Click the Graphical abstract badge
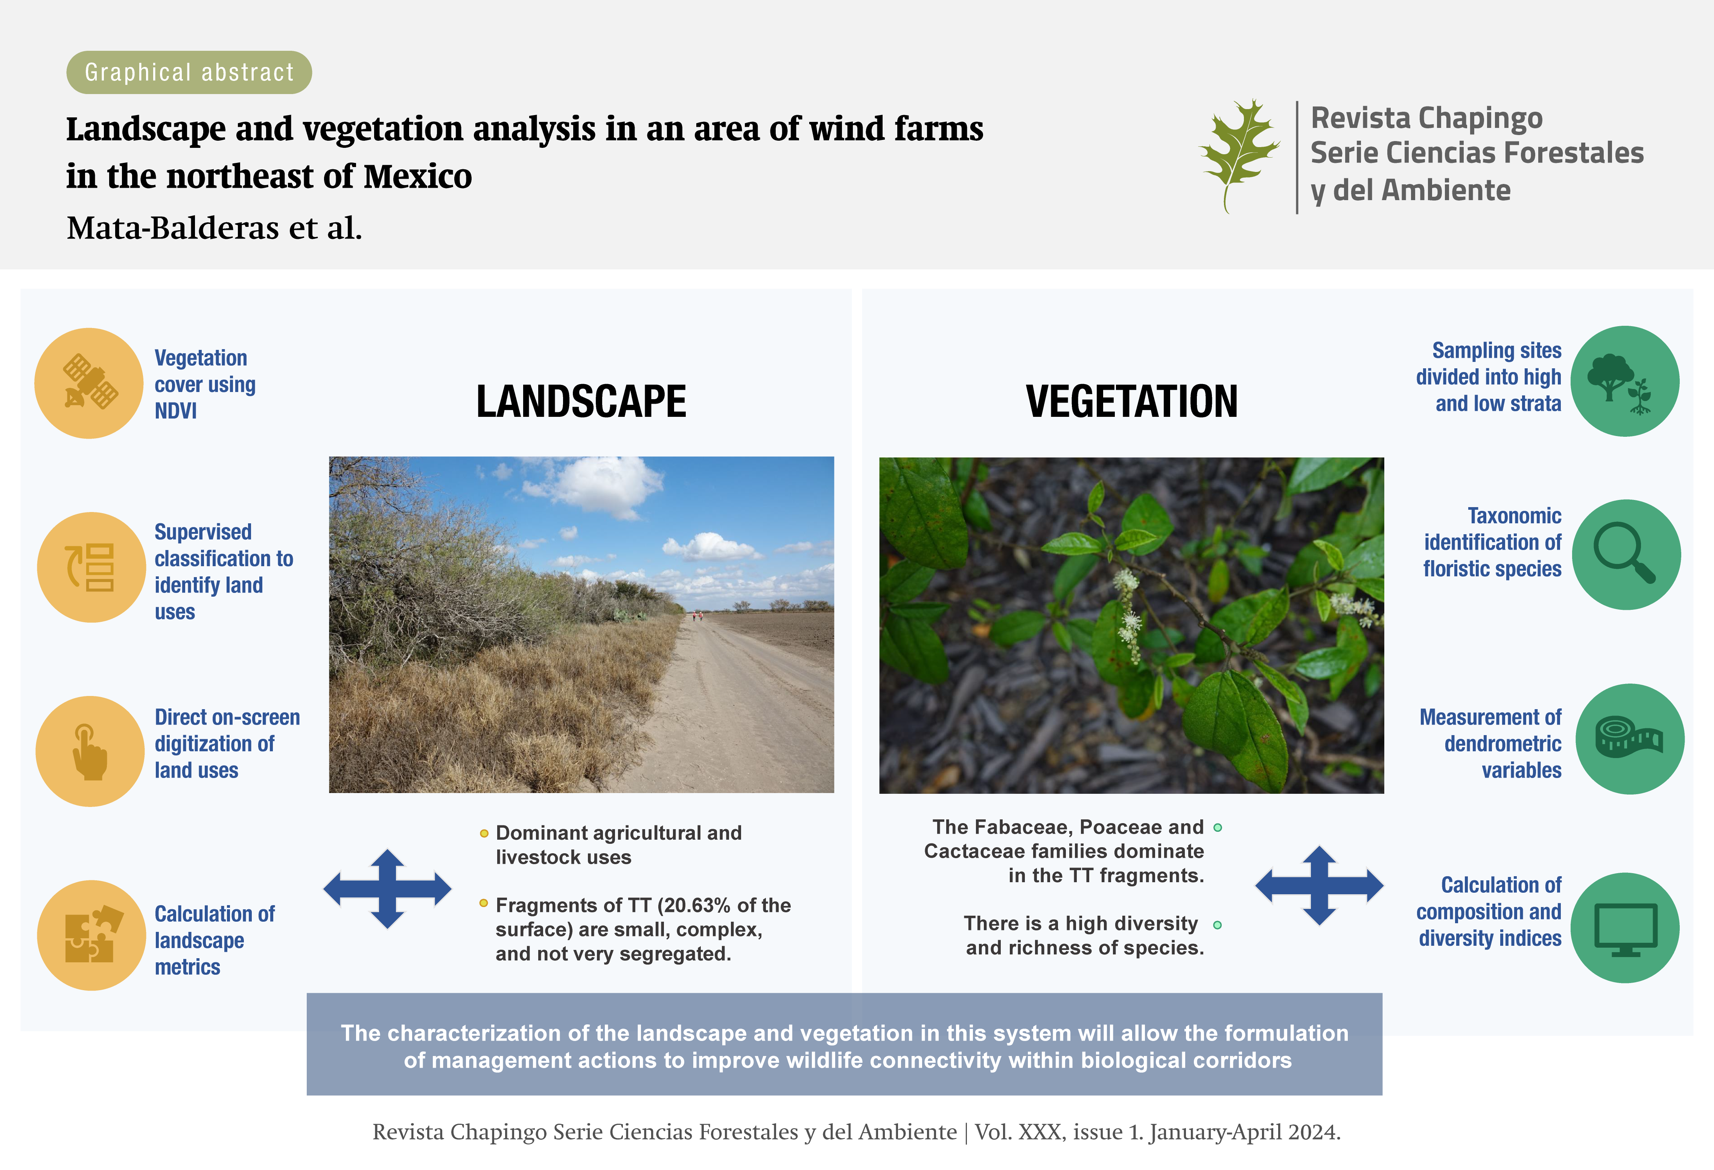tap(189, 72)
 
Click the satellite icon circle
tap(89, 383)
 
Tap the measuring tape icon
tap(1629, 738)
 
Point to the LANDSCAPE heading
tap(581, 402)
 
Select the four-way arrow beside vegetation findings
tap(1320, 886)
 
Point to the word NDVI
tap(175, 411)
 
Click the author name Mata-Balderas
tap(173, 228)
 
